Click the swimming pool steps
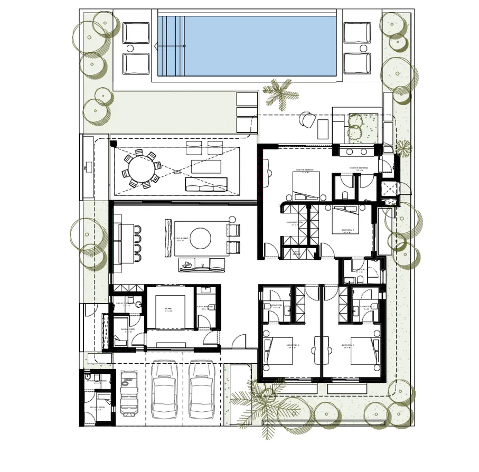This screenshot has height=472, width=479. [172, 46]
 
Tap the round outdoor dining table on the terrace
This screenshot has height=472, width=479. [140, 169]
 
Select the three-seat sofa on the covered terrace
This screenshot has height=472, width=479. [205, 184]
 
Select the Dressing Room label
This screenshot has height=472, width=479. [294, 223]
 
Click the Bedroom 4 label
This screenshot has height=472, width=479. [293, 346]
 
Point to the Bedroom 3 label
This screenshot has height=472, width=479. [349, 346]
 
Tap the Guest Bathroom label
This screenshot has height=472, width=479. [204, 306]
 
